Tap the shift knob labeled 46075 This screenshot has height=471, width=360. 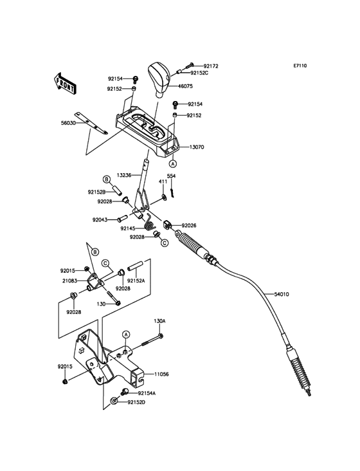[159, 79]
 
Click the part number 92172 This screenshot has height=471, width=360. [211, 66]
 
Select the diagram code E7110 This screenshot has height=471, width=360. [300, 66]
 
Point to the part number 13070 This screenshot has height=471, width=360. [197, 147]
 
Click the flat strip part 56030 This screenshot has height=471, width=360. [91, 123]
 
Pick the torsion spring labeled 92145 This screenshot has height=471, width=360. [150, 222]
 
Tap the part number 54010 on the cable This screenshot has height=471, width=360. [282, 295]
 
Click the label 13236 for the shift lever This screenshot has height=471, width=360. [124, 175]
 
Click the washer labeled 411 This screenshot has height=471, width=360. [163, 197]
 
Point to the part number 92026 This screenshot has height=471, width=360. [189, 225]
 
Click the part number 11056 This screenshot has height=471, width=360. [161, 374]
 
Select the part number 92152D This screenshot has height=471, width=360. [136, 402]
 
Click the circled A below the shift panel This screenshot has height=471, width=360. [172, 164]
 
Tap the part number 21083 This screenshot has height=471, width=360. [69, 281]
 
